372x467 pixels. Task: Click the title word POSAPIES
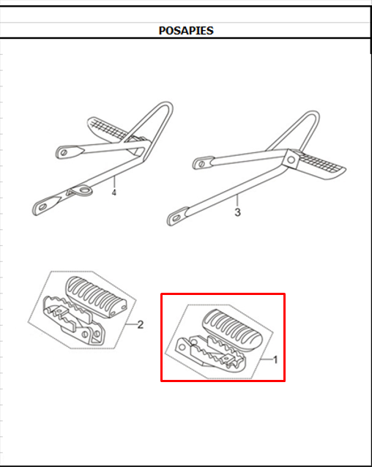point(186,31)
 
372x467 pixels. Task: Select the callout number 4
point(114,193)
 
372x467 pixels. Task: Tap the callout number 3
point(237,212)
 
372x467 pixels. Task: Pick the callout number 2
point(141,325)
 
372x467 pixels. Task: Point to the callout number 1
point(275,360)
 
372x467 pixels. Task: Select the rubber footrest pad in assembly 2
point(96,296)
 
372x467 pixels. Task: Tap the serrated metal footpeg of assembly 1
point(212,355)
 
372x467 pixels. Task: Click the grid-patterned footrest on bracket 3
point(321,166)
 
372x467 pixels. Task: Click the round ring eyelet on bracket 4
point(83,190)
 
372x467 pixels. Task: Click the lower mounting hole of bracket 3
point(176,217)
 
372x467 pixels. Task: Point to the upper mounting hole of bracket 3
point(201,163)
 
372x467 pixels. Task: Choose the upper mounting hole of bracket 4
point(64,152)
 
